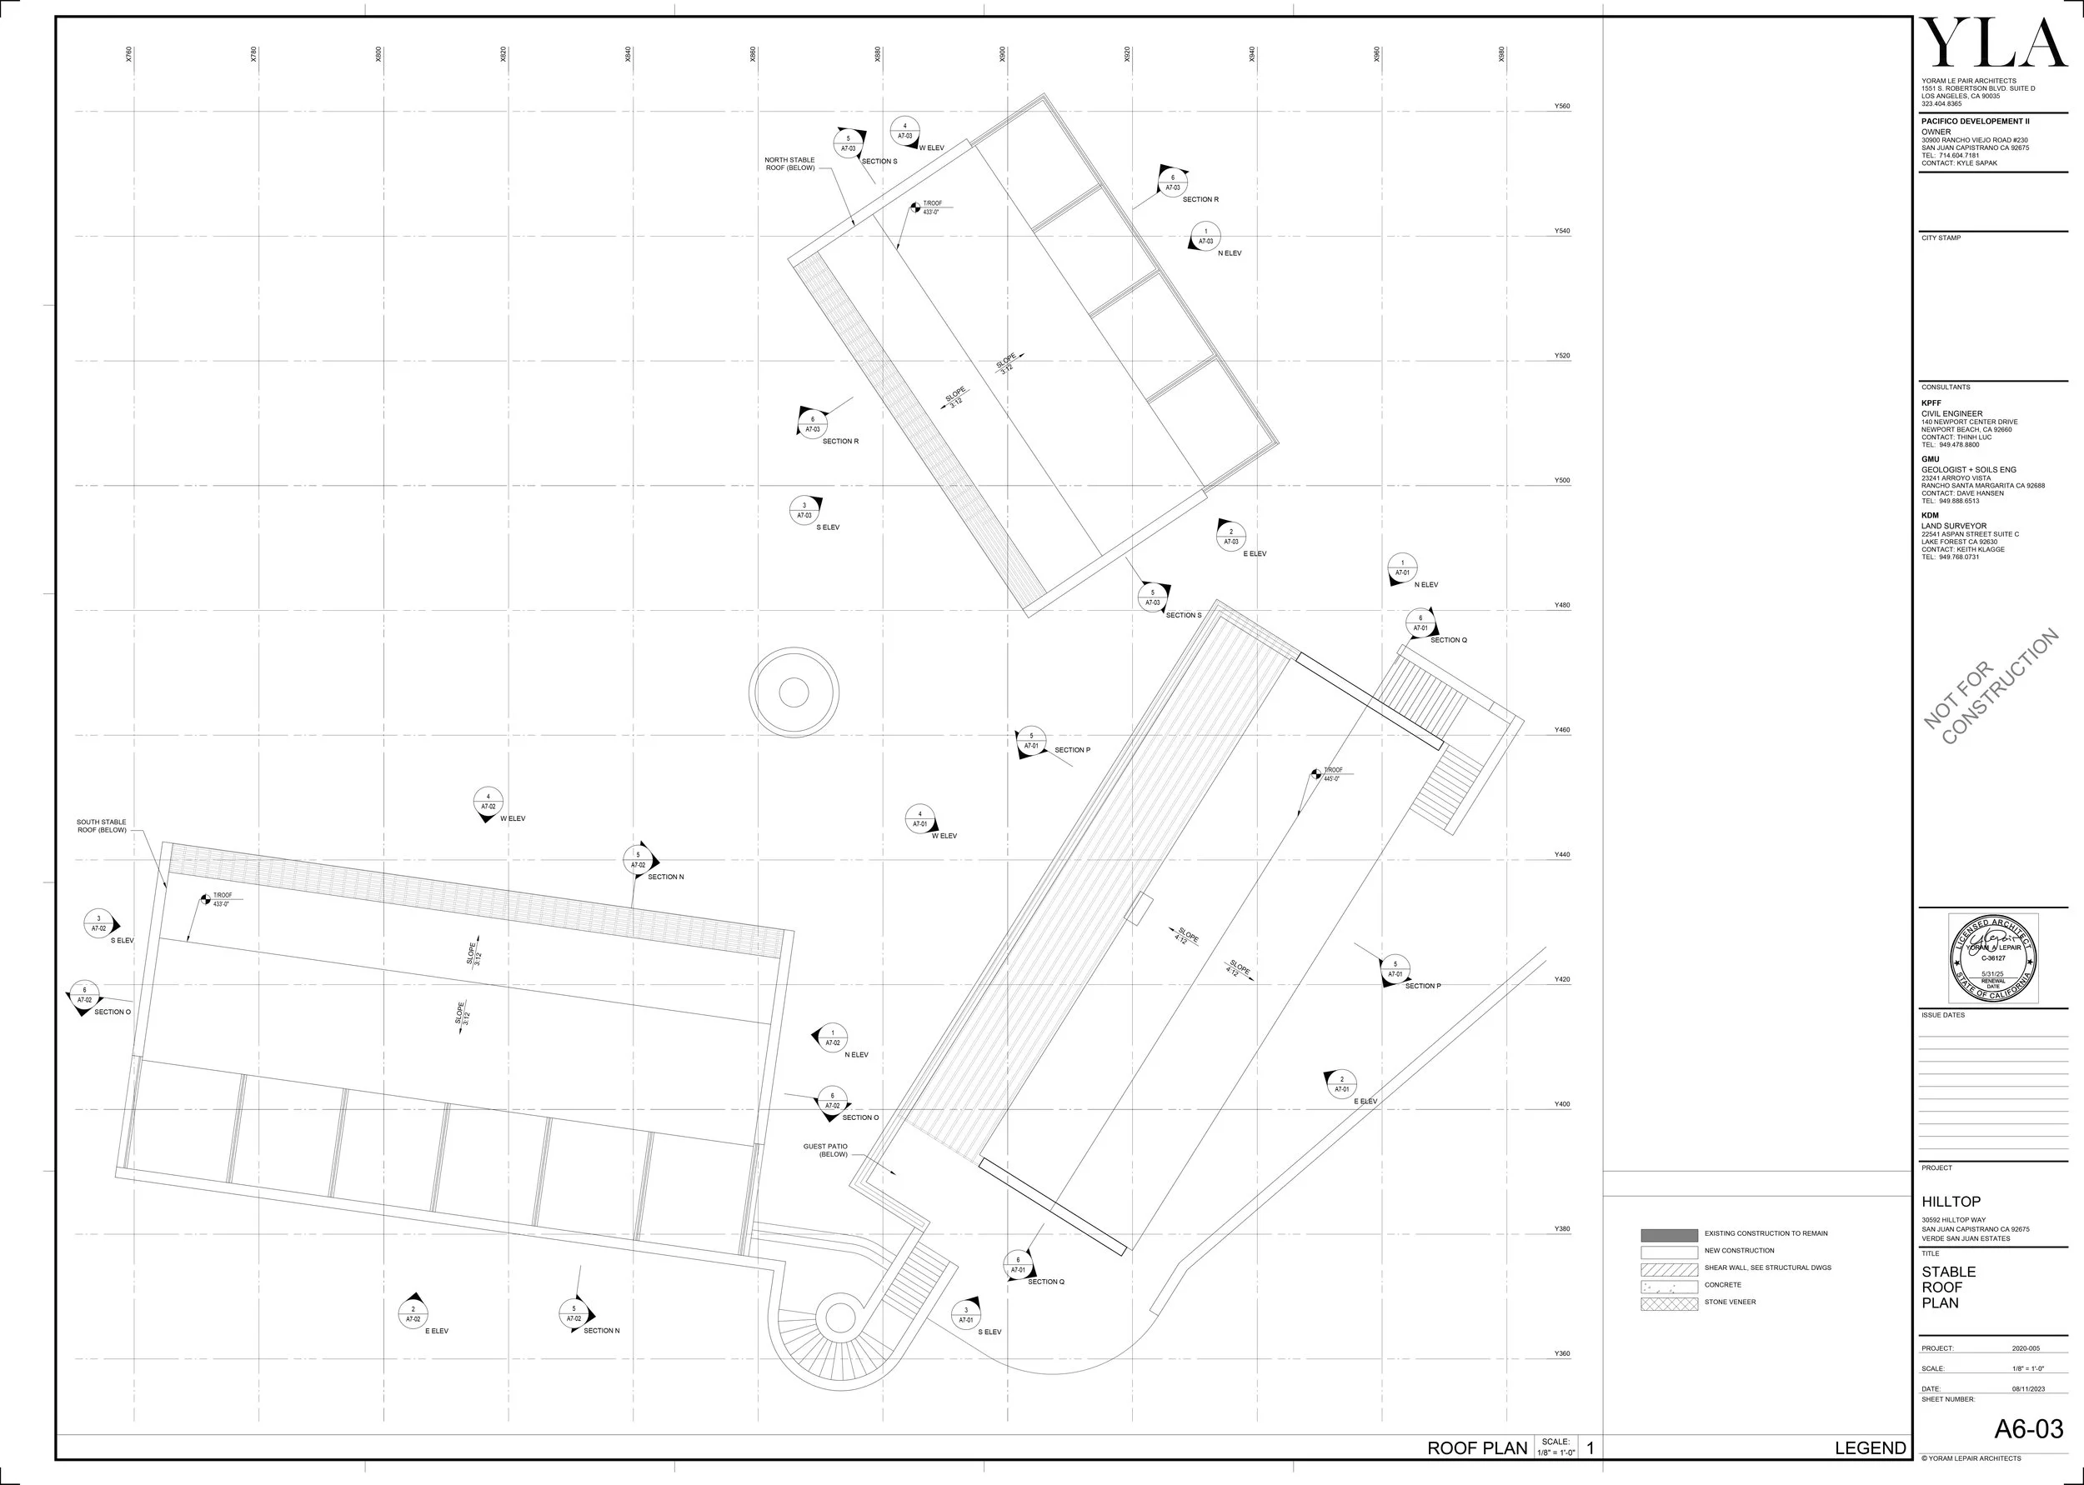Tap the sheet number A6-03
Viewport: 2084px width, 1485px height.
(2028, 1428)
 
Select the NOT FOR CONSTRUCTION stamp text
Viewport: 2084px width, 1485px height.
(1991, 687)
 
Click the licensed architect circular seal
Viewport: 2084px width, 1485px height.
(1992, 957)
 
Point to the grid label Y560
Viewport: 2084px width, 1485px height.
(1562, 106)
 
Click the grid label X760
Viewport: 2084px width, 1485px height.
(129, 55)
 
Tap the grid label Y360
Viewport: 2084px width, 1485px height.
(1562, 1353)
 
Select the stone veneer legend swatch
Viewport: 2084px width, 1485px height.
(1669, 1303)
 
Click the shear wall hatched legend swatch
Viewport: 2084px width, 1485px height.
(1669, 1269)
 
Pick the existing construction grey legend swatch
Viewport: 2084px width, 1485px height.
(1669, 1234)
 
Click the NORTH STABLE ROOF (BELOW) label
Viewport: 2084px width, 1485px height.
(789, 163)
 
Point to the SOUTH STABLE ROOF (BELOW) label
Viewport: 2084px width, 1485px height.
(102, 826)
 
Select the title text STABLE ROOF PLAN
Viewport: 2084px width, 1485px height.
(1948, 1287)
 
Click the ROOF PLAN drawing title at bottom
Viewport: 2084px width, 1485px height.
(1477, 1447)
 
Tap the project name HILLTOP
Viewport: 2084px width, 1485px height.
(1951, 1202)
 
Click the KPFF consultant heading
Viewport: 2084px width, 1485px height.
(1931, 402)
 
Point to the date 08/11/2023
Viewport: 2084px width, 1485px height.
(2027, 1389)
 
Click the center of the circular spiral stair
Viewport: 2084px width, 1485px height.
(839, 1317)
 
